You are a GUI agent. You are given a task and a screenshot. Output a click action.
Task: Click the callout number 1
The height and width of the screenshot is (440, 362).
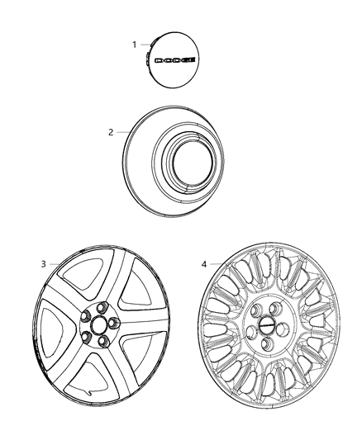tap(134, 45)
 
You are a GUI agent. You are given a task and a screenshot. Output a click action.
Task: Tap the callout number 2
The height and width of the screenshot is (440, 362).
tap(111, 132)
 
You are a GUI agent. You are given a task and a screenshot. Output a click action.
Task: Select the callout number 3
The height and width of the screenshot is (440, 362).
tap(43, 264)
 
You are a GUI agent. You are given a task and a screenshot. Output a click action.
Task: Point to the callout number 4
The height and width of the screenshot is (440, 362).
tap(204, 264)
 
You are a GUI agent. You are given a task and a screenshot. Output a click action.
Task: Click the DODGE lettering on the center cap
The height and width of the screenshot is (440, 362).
tap(175, 60)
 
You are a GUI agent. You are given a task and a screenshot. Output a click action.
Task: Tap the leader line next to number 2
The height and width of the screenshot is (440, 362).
tap(122, 132)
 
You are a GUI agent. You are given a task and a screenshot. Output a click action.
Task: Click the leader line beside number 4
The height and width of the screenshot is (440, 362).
tap(218, 264)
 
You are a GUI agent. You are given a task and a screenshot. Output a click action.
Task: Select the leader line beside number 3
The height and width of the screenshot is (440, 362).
tap(55, 264)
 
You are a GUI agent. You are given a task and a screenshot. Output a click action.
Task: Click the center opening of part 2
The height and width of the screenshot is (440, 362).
tap(193, 163)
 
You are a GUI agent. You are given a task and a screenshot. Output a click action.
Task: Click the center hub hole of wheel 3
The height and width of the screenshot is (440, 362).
tap(98, 324)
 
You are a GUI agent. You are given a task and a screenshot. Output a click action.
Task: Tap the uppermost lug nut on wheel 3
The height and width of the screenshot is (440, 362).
tap(102, 307)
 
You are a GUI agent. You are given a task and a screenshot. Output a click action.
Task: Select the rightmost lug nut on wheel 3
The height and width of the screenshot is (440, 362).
tap(113, 323)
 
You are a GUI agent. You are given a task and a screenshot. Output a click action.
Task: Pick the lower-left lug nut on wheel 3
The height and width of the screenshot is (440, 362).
tap(86, 336)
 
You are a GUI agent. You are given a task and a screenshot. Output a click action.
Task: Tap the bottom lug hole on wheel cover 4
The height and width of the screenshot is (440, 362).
tap(268, 343)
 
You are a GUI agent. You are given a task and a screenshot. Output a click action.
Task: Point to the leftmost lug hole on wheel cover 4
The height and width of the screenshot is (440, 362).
tap(250, 332)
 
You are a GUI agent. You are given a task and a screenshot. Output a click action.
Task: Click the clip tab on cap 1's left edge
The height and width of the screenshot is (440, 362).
tap(147, 57)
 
